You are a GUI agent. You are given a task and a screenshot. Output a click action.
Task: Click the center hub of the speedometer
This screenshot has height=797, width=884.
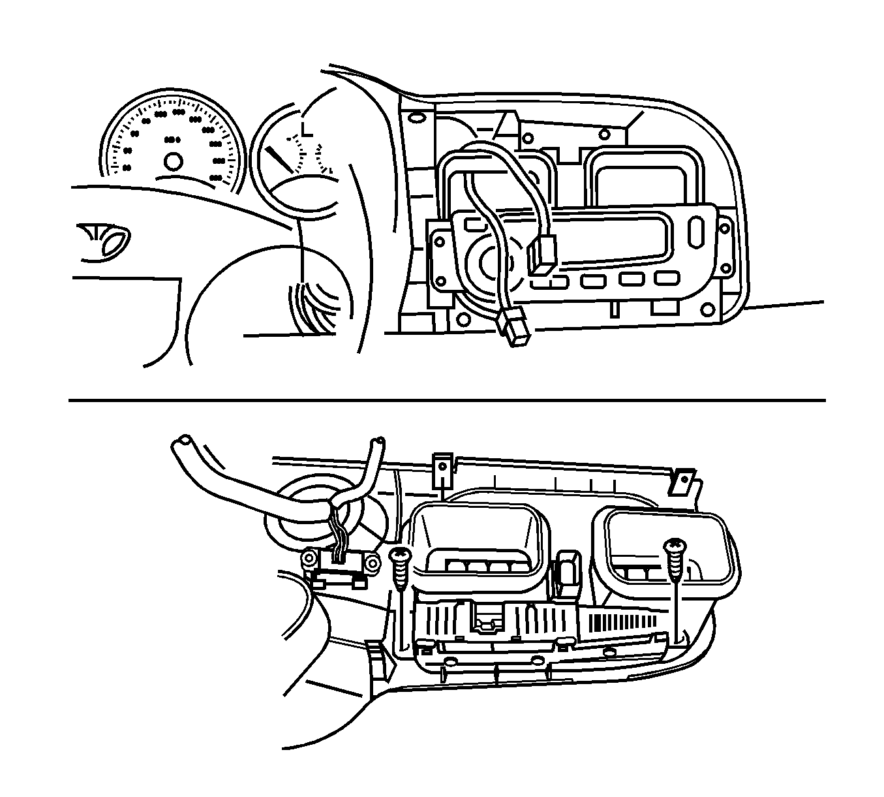173,161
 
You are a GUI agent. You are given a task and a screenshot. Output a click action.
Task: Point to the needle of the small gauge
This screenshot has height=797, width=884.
279,159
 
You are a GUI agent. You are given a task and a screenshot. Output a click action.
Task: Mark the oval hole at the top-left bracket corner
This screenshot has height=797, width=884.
415,119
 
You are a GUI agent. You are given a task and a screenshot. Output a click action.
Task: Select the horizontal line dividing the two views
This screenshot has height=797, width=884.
447,399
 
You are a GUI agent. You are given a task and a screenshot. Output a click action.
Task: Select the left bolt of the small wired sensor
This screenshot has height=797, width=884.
309,560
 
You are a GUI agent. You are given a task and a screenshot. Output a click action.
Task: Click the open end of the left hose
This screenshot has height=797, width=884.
182,445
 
